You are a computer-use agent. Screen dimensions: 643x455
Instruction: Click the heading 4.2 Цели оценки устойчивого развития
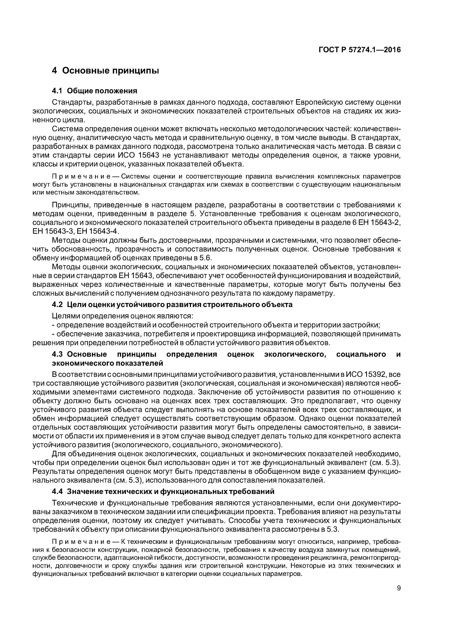(172, 304)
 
